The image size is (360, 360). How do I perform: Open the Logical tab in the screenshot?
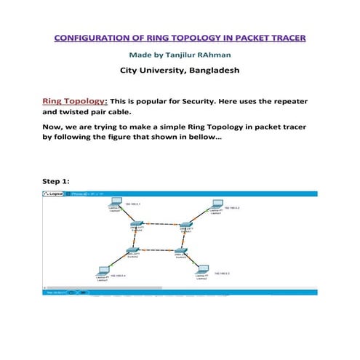pos(57,194)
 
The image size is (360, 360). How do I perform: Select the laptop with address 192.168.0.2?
pos(215,207)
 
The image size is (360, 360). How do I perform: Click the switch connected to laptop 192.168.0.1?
pos(137,225)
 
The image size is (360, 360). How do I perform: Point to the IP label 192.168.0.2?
pos(233,209)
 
